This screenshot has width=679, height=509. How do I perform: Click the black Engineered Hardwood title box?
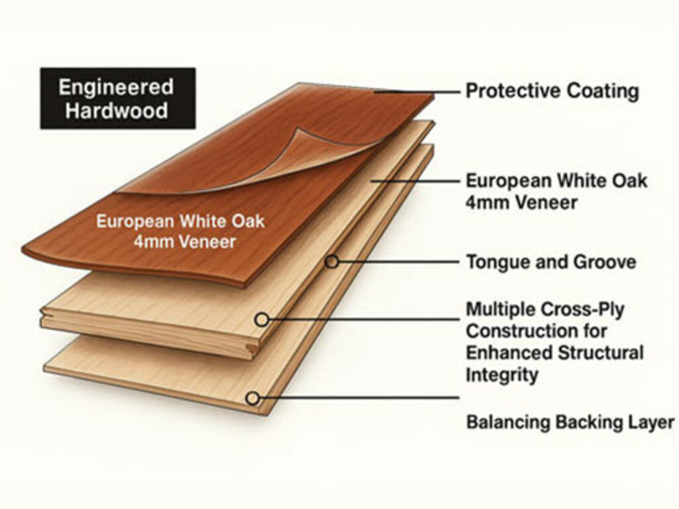(118, 98)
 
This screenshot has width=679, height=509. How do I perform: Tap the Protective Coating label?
(552, 91)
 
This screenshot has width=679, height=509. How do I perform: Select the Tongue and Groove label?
(551, 262)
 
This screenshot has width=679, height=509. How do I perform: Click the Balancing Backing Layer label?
(570, 422)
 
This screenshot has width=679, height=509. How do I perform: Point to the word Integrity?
(502, 374)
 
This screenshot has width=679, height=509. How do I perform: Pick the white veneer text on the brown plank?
(180, 231)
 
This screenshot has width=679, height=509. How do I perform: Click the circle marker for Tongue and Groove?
(332, 261)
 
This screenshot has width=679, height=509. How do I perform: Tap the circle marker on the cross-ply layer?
(261, 320)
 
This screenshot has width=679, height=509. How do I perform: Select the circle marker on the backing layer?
(253, 398)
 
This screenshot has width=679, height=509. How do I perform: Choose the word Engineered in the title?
(116, 87)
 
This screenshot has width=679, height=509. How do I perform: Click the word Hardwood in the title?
(117, 111)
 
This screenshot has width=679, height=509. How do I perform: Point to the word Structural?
(601, 353)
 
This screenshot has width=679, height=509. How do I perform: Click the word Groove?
(605, 262)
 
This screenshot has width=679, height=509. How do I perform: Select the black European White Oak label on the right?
(556, 192)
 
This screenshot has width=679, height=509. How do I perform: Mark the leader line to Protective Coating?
(416, 91)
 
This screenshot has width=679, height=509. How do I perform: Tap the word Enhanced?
(509, 353)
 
